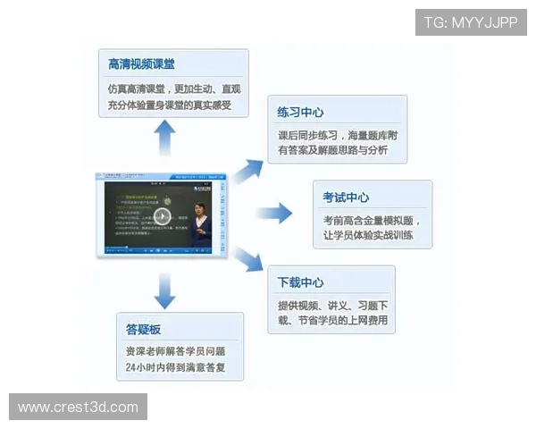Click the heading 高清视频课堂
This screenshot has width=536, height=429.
click(141, 64)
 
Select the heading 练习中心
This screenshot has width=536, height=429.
click(300, 113)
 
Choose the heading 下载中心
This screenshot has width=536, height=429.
click(300, 282)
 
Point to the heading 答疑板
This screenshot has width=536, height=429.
click(143, 329)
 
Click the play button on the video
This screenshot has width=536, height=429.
click(162, 216)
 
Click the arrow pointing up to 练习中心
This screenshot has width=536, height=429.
click(249, 170)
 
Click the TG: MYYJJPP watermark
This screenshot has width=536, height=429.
click(470, 21)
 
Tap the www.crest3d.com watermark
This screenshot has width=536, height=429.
click(78, 408)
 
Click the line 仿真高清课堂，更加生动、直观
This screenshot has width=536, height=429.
click(173, 89)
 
